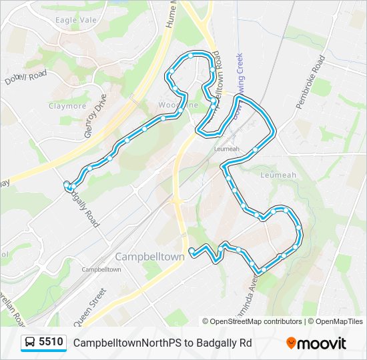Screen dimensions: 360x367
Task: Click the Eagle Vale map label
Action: click(76, 20)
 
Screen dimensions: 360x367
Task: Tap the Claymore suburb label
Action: click(67, 106)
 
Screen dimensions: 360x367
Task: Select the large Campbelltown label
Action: click(149, 257)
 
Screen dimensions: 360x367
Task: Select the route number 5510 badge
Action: click(51, 343)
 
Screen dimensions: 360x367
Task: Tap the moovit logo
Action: click(316, 343)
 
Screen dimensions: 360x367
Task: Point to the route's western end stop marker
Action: click(66, 185)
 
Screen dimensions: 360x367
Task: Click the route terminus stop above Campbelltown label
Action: click(192, 251)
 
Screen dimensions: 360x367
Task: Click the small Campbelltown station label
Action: click(101, 269)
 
